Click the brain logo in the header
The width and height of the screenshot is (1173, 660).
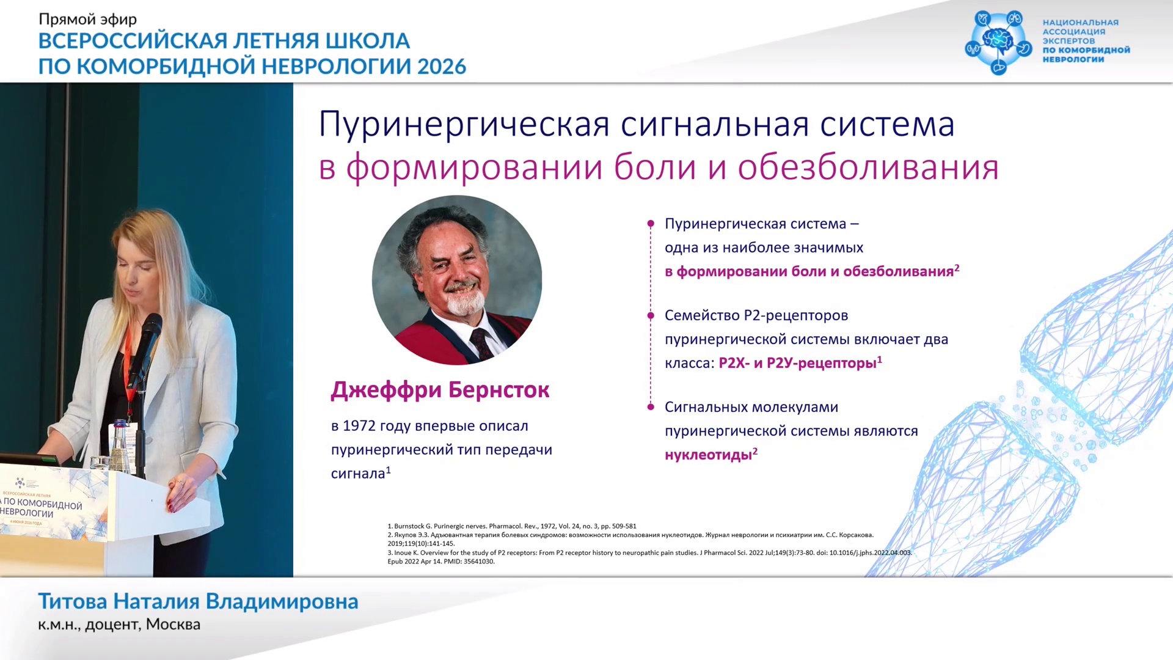(x=998, y=42)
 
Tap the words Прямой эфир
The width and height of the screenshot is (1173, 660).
(x=88, y=20)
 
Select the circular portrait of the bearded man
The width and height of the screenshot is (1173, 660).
(x=457, y=280)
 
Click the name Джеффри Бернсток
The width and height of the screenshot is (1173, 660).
(x=440, y=390)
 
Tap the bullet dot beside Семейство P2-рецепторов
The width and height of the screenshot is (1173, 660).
(x=651, y=315)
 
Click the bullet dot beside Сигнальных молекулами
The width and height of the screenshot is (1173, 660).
(x=651, y=407)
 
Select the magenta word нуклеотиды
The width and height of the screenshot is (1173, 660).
(x=708, y=455)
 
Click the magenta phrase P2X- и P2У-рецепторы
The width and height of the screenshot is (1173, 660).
(x=798, y=364)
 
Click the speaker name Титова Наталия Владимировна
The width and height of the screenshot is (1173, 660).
(x=198, y=601)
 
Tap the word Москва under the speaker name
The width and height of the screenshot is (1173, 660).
(x=173, y=625)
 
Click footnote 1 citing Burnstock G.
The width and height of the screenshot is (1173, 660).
(x=512, y=526)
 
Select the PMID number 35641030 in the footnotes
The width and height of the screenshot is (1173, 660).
(x=479, y=562)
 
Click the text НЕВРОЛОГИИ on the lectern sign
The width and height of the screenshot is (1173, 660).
(x=27, y=513)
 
